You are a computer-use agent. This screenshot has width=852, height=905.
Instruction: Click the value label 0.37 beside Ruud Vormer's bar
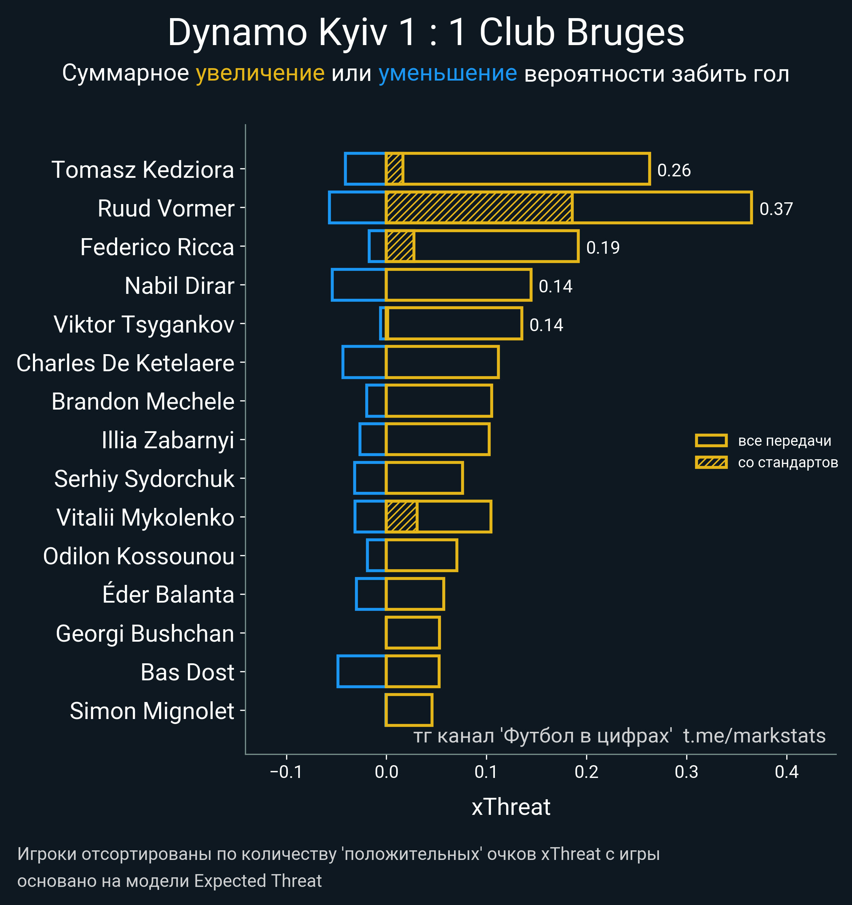(x=776, y=209)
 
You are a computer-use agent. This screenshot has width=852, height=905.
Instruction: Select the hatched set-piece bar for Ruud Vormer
(x=479, y=208)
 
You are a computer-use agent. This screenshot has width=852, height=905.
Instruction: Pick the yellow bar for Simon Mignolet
(x=409, y=710)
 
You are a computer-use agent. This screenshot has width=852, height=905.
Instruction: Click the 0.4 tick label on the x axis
(x=786, y=772)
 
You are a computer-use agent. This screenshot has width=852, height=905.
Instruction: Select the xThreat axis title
(x=511, y=807)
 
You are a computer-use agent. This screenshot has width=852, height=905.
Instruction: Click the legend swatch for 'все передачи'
(x=711, y=441)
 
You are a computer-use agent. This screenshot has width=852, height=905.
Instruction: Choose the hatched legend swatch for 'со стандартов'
(x=711, y=462)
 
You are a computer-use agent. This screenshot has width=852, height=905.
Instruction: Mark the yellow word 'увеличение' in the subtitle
(x=260, y=73)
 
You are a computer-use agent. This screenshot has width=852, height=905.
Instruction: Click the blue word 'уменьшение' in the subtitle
(x=448, y=73)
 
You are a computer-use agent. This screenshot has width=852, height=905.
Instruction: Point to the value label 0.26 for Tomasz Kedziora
(x=674, y=170)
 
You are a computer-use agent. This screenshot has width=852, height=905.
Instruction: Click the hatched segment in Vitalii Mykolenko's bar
(x=401, y=517)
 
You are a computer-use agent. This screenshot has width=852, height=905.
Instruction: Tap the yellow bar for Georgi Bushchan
(x=413, y=633)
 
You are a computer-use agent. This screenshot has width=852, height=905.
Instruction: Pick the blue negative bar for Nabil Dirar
(x=359, y=285)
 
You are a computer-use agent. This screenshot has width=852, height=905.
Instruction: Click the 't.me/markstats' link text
(x=754, y=736)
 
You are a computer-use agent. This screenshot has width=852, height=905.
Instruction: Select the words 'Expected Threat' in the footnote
(x=258, y=881)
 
